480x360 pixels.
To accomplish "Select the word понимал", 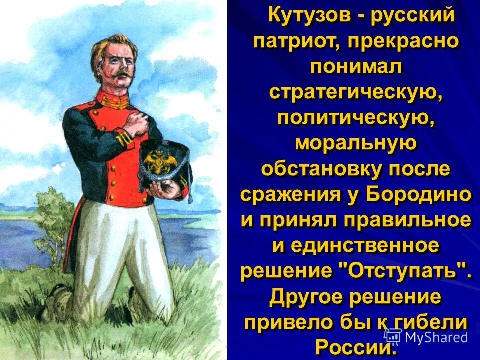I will point(355,67).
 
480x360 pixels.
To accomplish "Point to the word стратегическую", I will point(355,92).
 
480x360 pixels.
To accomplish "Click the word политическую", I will point(355,119).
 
